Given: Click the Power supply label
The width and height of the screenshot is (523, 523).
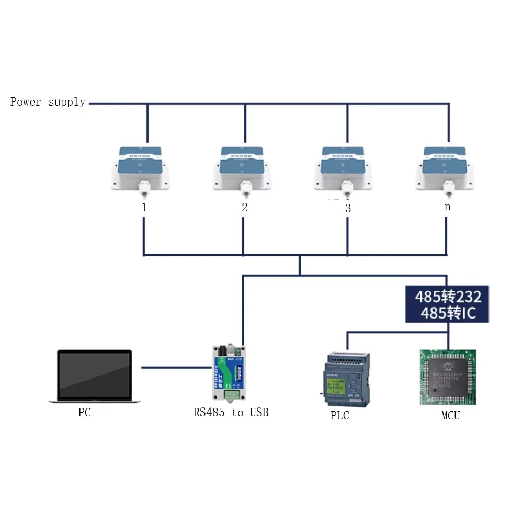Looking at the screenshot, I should tap(48, 102).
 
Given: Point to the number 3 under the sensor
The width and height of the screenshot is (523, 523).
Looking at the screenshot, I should tap(348, 208).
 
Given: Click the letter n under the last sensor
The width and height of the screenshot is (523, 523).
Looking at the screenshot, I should tap(447, 207).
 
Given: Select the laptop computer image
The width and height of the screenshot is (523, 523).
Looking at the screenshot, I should tap(95, 376).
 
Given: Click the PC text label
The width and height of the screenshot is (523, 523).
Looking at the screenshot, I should tap(84, 413).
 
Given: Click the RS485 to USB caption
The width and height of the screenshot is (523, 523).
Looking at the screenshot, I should tap(231, 413).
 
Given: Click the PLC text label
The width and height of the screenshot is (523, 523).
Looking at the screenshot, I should tap(339, 416).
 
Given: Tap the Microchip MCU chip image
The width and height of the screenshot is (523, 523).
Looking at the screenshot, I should tap(448, 377).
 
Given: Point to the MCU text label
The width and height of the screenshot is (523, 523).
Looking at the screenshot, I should tap(450, 416).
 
